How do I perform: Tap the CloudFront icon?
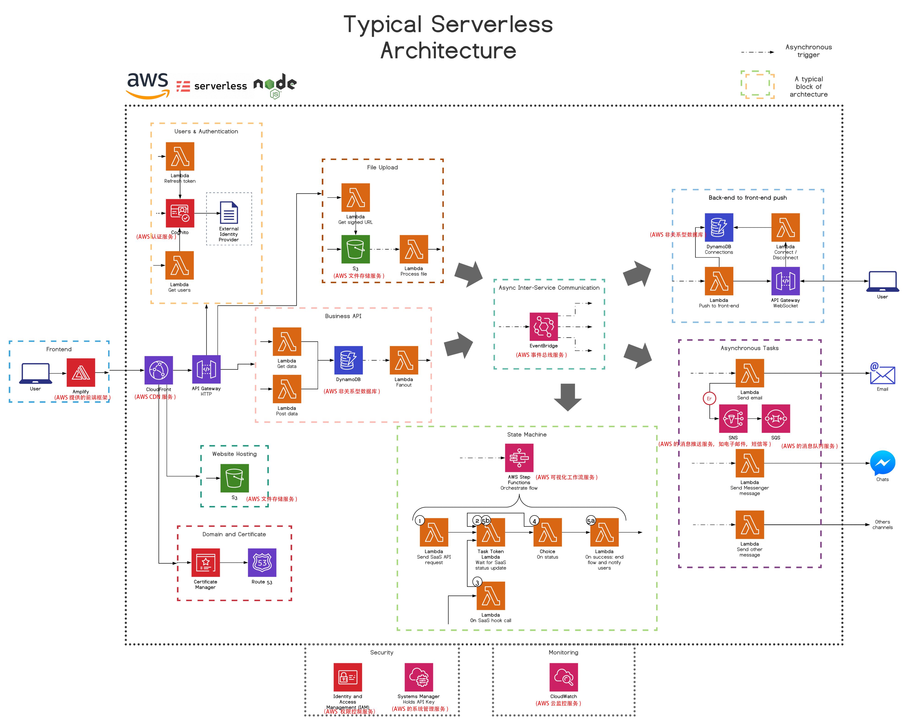click(158, 370)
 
